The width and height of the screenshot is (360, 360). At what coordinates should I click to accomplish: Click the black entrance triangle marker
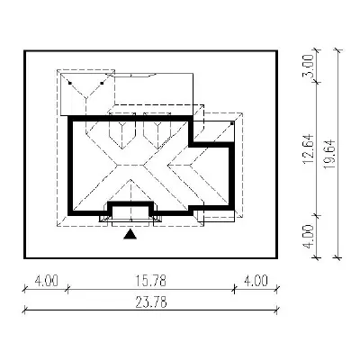coord(130,235)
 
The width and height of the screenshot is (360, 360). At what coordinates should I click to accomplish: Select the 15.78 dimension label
coord(150,282)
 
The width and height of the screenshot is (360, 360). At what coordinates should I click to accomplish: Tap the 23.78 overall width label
coord(151,302)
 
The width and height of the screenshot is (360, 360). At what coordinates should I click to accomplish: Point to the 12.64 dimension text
coord(309,148)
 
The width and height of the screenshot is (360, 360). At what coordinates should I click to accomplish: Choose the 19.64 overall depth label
coord(330,154)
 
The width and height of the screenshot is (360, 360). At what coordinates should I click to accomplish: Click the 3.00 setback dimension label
coord(309,66)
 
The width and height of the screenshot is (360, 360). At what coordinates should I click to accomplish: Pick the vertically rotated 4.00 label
coord(309,236)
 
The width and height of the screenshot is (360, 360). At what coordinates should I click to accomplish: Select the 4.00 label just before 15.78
coord(46,282)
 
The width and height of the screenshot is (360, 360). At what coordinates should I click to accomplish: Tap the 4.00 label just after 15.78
coord(256,282)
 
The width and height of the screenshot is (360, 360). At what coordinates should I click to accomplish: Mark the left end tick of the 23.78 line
coord(25,310)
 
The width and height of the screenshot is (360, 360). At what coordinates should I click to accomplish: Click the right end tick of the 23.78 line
coord(276,310)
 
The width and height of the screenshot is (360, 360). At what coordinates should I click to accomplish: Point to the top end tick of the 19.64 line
coord(337,50)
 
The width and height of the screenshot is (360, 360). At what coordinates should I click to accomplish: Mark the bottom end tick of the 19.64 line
coord(337,257)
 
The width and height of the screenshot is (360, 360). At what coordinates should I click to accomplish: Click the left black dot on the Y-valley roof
coord(70,83)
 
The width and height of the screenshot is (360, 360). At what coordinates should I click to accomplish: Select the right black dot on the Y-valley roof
coord(102,83)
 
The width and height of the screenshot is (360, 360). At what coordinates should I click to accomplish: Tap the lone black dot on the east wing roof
coord(232,123)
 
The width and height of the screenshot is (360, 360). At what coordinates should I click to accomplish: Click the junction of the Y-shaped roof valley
coord(85,97)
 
